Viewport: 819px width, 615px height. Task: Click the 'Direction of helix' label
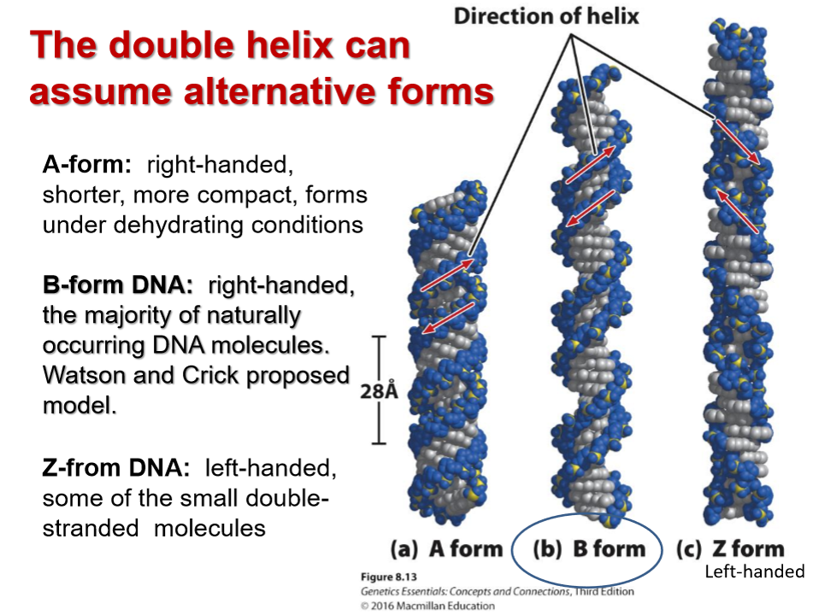546,16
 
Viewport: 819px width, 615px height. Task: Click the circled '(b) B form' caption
589,549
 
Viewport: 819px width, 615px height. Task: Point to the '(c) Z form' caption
729,549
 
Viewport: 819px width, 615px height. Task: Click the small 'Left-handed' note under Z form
754,571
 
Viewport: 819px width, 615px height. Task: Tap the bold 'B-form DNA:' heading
119,286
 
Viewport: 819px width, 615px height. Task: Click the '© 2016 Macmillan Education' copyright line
427,606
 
